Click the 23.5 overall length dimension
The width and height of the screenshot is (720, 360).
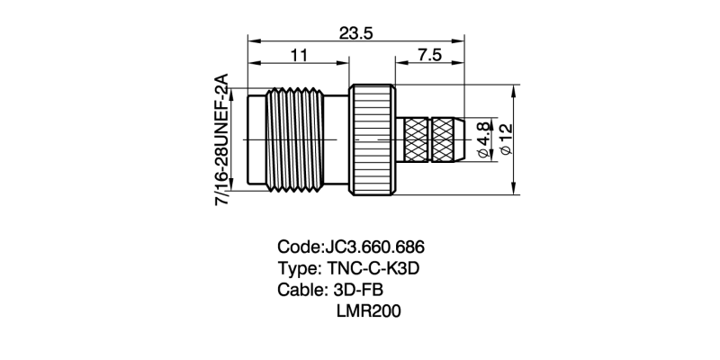pyautogui.click(x=355, y=32)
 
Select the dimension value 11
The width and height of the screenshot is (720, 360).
pyautogui.click(x=299, y=55)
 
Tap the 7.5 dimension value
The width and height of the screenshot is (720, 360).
pyautogui.click(x=429, y=55)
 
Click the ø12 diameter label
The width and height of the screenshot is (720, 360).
pyautogui.click(x=506, y=140)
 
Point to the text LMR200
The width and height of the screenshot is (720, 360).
pyautogui.click(x=366, y=311)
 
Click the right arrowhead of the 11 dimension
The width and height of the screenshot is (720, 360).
pyautogui.click(x=345, y=63)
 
